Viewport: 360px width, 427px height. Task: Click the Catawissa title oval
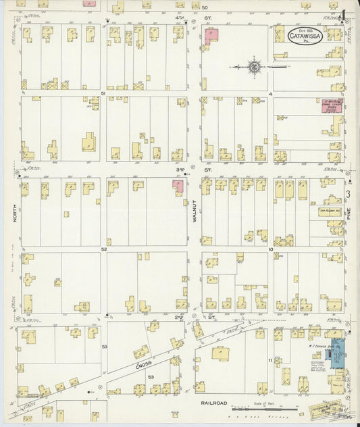pyautogui.click(x=305, y=36)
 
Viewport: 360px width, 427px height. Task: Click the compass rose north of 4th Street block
pyautogui.click(x=255, y=67)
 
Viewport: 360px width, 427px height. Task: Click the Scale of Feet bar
pyautogui.click(x=264, y=409)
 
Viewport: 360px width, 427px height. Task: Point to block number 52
pyautogui.click(x=104, y=249)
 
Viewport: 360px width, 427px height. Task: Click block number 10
pyautogui.click(x=270, y=249)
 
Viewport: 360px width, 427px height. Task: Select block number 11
pyautogui.click(x=269, y=360)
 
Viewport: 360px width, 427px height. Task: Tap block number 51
pyautogui.click(x=103, y=93)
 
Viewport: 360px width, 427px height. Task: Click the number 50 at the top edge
pyautogui.click(x=205, y=7)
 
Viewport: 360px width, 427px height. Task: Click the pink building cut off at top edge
pyautogui.click(x=89, y=3)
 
